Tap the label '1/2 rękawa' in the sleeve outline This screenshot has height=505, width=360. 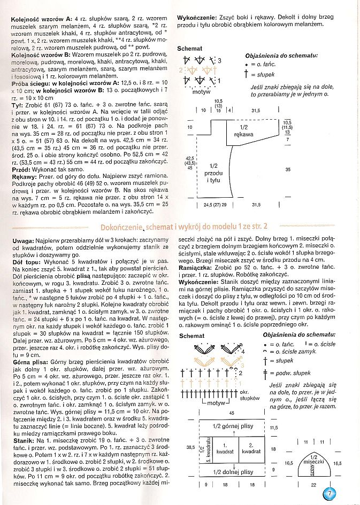point(243,130)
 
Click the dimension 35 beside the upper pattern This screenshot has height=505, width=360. point(287,169)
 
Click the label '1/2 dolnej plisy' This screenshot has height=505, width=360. point(233,472)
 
